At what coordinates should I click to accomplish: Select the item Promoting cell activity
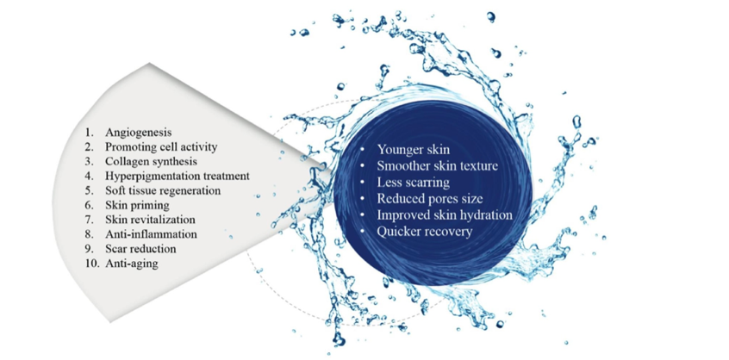point(161,147)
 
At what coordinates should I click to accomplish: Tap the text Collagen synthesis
point(151,162)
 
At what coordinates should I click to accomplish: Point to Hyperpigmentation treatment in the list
point(178,176)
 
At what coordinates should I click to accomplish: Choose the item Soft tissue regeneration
point(163,190)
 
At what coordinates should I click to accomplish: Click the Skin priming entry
point(137,205)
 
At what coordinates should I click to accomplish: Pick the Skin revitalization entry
point(150,220)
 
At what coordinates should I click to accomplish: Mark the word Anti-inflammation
point(151,233)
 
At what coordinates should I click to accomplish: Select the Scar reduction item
point(140,249)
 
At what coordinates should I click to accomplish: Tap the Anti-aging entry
point(132,264)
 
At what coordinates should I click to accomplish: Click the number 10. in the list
point(91,264)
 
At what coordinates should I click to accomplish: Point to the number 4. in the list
point(90,176)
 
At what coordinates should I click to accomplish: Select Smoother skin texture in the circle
point(438,166)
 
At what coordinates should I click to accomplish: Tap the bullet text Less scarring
point(414,182)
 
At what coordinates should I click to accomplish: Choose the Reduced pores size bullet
point(430,199)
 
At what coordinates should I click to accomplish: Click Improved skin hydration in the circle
point(445,215)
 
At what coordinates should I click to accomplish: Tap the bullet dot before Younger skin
point(363,151)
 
